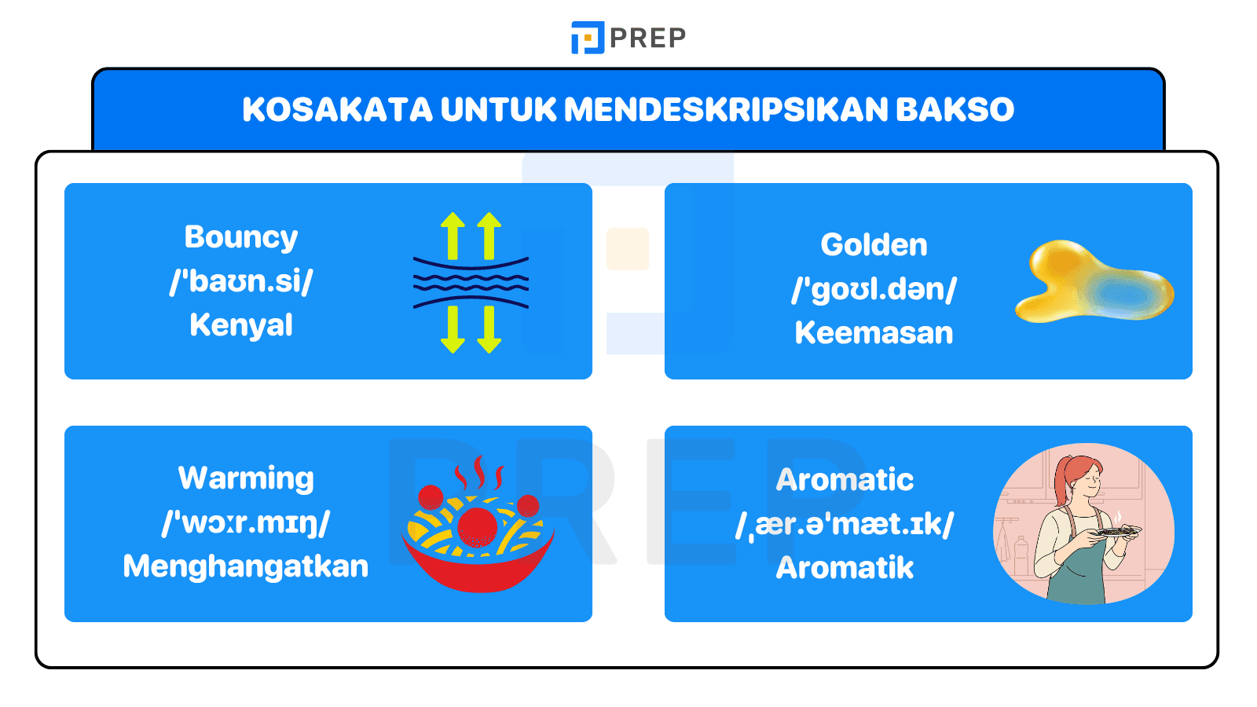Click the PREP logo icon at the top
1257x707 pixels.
[x=587, y=38]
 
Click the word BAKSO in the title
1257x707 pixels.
[x=955, y=110]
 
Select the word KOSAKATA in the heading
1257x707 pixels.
[x=337, y=110]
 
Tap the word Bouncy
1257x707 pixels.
[x=241, y=237]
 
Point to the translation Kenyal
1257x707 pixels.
[x=241, y=325]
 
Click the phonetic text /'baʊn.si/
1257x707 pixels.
[x=241, y=281]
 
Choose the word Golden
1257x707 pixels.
[x=874, y=245]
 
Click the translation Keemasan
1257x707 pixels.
[x=874, y=333]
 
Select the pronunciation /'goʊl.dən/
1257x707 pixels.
[x=874, y=289]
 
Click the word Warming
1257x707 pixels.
[x=246, y=478]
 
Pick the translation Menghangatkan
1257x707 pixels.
[x=246, y=566]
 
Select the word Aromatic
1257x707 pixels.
[x=845, y=480]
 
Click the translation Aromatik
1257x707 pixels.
[x=845, y=568]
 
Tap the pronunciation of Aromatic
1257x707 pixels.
[x=845, y=524]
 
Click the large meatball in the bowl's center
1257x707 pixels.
[x=477, y=526]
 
